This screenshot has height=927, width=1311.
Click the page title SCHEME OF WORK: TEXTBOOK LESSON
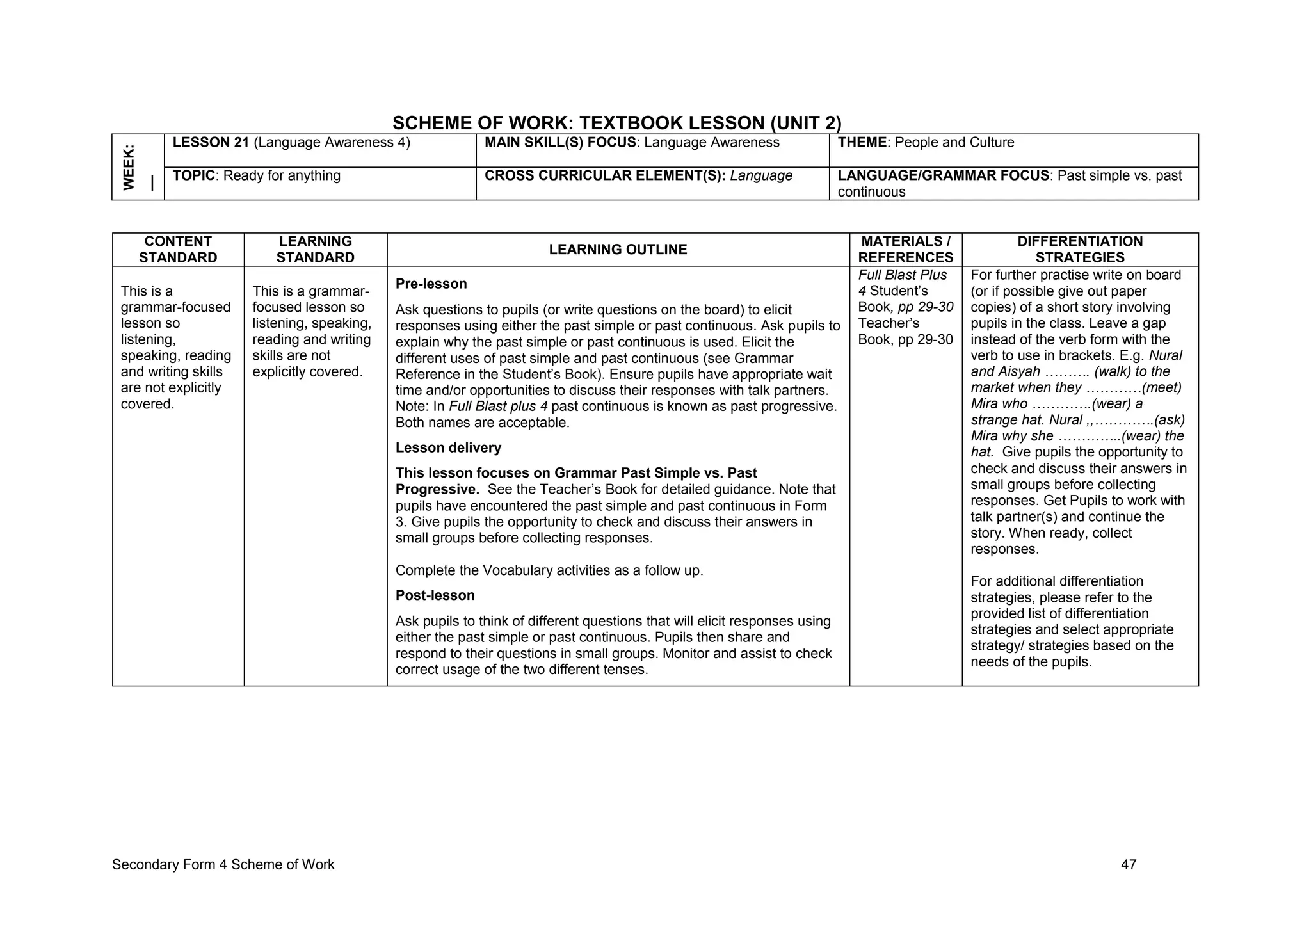[x=616, y=122]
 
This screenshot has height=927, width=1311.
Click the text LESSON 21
[x=211, y=142]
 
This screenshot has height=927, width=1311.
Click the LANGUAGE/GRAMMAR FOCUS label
[x=944, y=175]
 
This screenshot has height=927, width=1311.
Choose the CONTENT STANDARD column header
[x=178, y=249]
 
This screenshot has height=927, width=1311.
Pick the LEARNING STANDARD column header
[x=315, y=249]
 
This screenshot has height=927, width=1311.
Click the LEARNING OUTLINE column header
[x=618, y=250]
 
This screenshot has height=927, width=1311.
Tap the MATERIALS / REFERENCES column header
[x=905, y=249]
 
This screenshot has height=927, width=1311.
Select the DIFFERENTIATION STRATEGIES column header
[x=1079, y=249]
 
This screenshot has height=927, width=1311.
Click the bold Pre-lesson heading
[x=431, y=284]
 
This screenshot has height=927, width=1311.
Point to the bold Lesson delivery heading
[x=448, y=447]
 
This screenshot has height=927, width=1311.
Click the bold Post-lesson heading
[x=435, y=595]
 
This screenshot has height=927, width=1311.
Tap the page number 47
[x=1129, y=865]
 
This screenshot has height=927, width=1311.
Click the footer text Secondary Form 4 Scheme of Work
[x=223, y=865]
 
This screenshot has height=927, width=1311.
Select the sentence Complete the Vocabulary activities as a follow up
[x=549, y=570]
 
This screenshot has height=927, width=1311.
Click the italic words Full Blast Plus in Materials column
[x=902, y=275]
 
